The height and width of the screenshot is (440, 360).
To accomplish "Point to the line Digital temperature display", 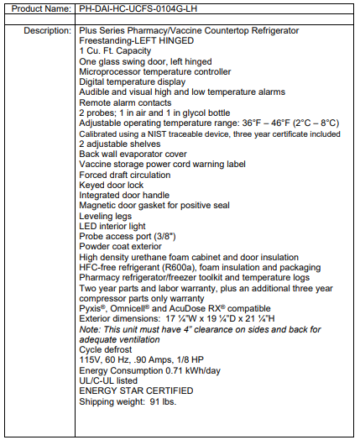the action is click(132, 82).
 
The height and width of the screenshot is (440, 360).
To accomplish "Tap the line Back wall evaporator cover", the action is click(133, 155).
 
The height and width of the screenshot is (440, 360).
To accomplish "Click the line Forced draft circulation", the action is click(128, 175).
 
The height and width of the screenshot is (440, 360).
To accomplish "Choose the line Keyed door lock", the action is click(110, 185).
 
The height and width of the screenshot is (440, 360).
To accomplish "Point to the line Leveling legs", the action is click(107, 216).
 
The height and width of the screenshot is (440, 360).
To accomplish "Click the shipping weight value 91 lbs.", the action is click(164, 401).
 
